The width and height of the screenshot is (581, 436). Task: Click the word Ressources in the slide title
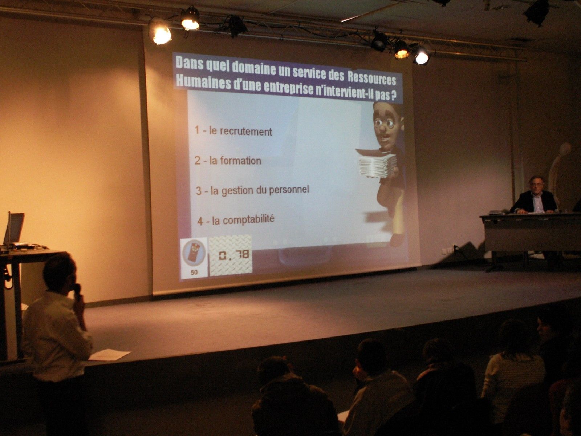pyautogui.click(x=371, y=77)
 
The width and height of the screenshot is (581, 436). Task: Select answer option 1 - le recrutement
pyautogui.click(x=233, y=131)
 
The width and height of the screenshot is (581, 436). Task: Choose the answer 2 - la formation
pyautogui.click(x=228, y=161)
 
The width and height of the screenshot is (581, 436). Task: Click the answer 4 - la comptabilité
pyautogui.click(x=236, y=220)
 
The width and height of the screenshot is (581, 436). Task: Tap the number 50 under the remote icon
pyautogui.click(x=194, y=272)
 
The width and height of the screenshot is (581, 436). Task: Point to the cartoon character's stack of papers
pyautogui.click(x=377, y=165)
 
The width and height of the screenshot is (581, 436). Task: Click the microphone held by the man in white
pyautogui.click(x=77, y=291)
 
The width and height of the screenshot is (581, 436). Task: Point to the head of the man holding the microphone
pyautogui.click(x=59, y=273)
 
